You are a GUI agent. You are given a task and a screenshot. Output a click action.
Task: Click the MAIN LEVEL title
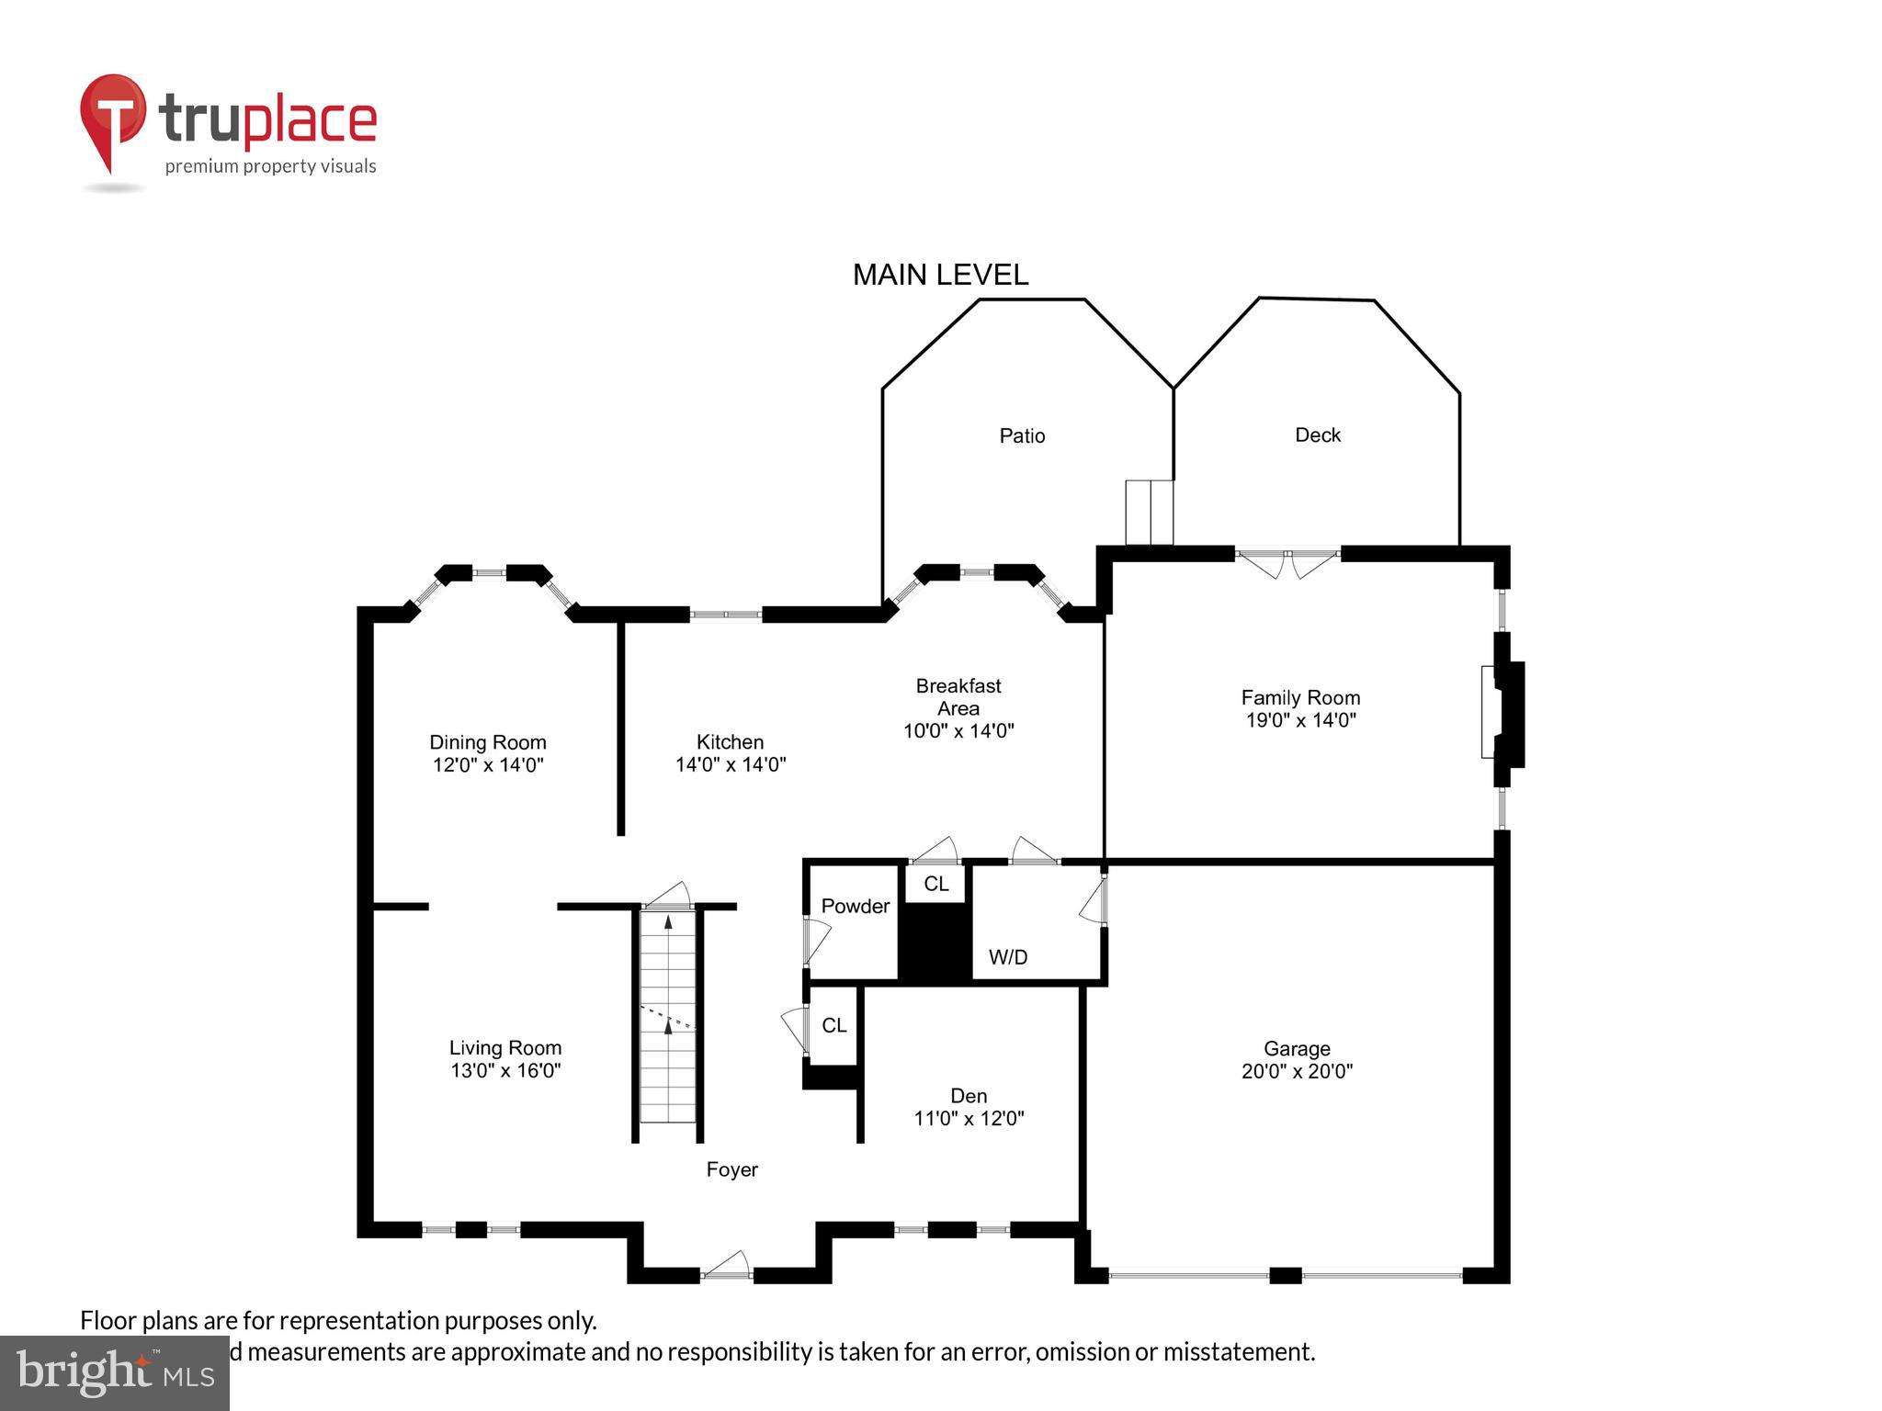(940, 275)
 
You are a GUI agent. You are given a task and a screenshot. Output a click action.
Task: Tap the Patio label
(1022, 435)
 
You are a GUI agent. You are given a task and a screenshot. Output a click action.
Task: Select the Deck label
(1317, 435)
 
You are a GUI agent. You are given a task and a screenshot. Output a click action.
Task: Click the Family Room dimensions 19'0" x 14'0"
(1300, 720)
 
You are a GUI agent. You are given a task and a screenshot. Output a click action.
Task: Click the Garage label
(1297, 1048)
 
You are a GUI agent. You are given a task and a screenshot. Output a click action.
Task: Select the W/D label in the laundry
(1008, 957)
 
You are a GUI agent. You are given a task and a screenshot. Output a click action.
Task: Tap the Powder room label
(855, 906)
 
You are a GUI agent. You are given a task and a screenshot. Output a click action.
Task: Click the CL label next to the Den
(833, 1025)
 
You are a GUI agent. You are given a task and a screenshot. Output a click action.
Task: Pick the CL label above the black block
(935, 884)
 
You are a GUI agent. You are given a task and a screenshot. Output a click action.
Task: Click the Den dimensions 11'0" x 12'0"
(969, 1118)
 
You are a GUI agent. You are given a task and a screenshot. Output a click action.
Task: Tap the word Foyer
(731, 1169)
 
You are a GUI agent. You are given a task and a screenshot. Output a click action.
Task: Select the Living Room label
(505, 1047)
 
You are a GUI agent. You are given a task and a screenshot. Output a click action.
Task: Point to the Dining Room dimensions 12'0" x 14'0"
(488, 764)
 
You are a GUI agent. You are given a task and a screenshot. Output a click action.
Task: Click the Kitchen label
(730, 741)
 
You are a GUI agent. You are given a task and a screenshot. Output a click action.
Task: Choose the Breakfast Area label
(958, 697)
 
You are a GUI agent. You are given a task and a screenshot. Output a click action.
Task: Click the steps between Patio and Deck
(1150, 512)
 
